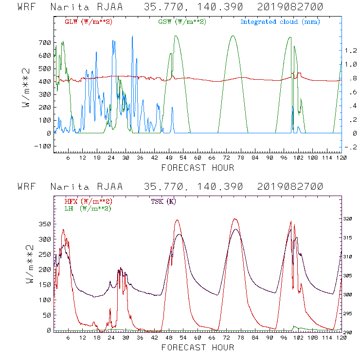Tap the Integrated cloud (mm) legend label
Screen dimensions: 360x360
(280, 22)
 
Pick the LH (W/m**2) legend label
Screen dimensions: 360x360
(87, 208)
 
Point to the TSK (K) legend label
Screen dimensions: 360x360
(164, 201)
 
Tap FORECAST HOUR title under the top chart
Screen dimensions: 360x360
(198, 168)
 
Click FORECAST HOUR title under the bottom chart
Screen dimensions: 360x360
(198, 347)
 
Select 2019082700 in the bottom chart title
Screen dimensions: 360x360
(290, 187)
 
